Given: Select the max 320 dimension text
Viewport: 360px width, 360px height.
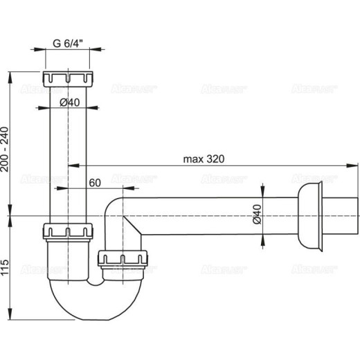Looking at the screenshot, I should [x=204, y=158].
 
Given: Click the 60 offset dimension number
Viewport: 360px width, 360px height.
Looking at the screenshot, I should [x=95, y=182].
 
